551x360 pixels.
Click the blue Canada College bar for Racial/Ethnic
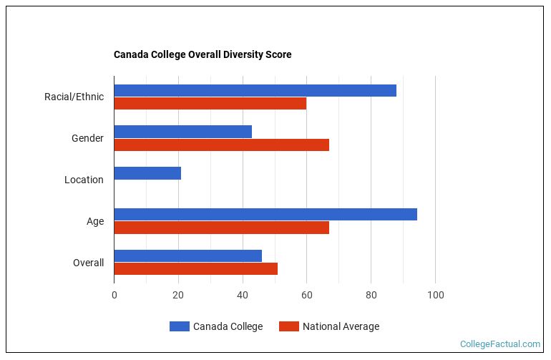255,91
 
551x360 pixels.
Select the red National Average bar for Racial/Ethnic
210,104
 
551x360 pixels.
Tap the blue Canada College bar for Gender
182,132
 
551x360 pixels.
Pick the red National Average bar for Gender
221,145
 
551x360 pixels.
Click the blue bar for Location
147,173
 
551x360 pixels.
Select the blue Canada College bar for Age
265,214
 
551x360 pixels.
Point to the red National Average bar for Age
221,228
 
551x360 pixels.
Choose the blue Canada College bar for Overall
187,256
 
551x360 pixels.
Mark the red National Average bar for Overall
195,269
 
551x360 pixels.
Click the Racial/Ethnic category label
74,97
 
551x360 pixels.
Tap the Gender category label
87,138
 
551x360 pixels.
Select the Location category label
84,180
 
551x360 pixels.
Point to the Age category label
95,221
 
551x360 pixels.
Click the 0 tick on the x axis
114,295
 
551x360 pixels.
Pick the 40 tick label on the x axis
243,295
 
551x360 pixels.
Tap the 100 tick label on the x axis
435,295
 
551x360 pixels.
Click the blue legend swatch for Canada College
179,326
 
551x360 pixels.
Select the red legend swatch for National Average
288,326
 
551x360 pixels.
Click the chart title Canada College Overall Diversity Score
203,54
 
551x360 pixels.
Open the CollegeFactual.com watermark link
499,344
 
